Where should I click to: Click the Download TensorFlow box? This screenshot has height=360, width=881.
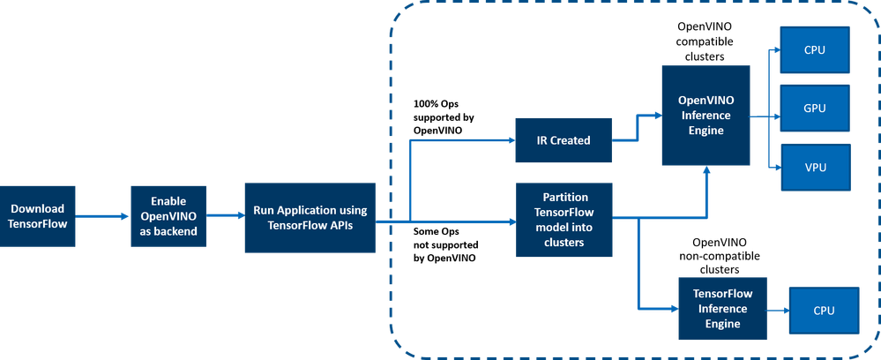(38, 216)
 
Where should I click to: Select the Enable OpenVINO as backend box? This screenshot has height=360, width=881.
(168, 216)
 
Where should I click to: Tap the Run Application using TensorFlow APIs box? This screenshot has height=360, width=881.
(310, 218)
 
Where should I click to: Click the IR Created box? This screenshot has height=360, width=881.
(564, 140)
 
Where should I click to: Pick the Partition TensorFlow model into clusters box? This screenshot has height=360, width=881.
(564, 221)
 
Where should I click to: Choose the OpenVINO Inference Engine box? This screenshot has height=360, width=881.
(706, 116)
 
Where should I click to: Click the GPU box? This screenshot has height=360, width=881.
(815, 108)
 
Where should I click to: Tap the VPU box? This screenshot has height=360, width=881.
(815, 167)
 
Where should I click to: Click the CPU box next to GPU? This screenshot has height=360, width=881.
(815, 50)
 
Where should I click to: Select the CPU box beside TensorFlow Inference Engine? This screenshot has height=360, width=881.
(825, 311)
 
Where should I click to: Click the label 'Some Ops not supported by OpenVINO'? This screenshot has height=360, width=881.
(445, 245)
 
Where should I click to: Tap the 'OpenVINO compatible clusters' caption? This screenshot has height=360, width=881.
(706, 41)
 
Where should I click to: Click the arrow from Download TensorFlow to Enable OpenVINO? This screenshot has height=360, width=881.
(103, 216)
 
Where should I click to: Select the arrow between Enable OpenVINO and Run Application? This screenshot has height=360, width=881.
(225, 216)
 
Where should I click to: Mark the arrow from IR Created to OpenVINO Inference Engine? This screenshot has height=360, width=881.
(637, 128)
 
